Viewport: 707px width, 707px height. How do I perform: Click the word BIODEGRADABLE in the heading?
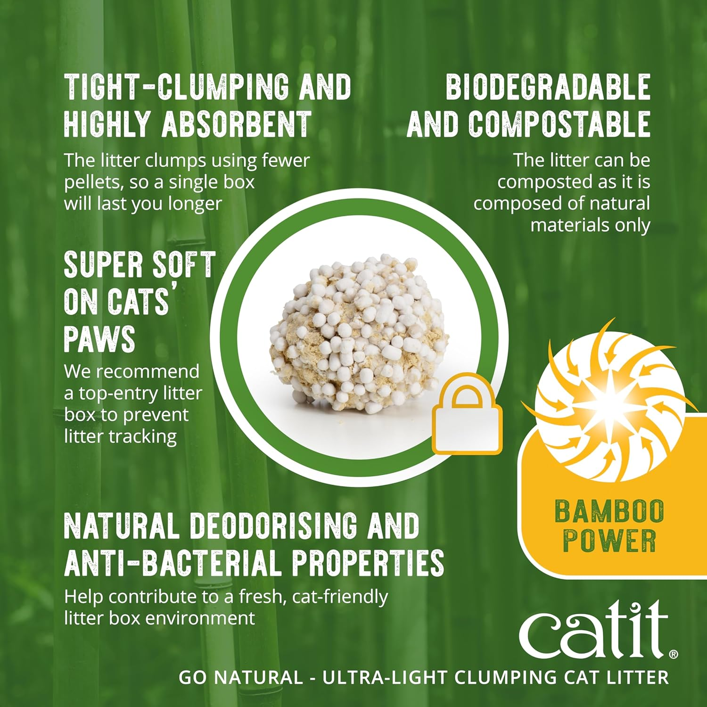tap(548, 87)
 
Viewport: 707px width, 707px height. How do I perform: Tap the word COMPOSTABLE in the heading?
tap(559, 124)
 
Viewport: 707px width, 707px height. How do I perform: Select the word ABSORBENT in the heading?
tap(237, 124)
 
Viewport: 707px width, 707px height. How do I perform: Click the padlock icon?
tap(467, 415)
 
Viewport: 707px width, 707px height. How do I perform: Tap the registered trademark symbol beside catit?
tap(674, 654)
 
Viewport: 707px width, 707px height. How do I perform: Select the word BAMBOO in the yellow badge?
tap(609, 512)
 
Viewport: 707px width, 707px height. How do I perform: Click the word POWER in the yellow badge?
tap(609, 541)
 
